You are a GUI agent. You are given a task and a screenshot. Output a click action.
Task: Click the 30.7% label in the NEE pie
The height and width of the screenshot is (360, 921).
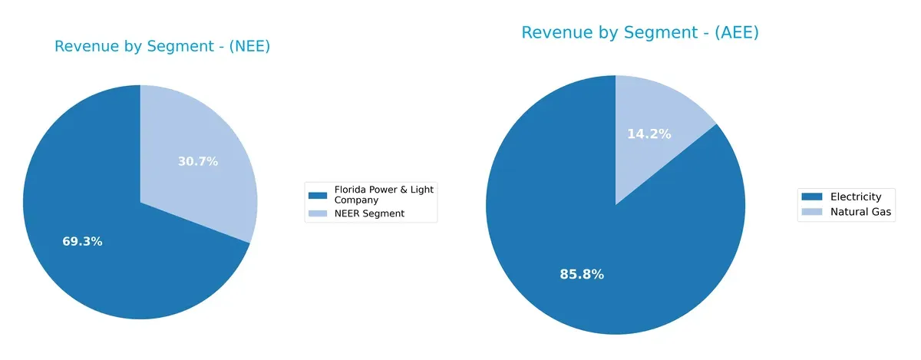click(x=198, y=161)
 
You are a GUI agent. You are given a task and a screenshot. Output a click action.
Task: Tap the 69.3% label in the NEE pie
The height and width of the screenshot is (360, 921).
click(x=82, y=242)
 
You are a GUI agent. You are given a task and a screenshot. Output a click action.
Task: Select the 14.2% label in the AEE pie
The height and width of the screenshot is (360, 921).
click(x=649, y=134)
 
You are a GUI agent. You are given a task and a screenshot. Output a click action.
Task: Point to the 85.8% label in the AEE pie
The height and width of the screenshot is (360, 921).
click(x=582, y=274)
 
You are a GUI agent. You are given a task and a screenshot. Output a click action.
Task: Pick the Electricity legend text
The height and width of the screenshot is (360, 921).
click(x=856, y=197)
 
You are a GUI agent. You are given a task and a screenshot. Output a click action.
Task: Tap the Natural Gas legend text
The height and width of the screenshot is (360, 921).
click(x=861, y=213)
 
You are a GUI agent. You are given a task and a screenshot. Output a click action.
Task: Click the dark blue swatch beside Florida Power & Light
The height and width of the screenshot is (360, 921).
click(x=315, y=190)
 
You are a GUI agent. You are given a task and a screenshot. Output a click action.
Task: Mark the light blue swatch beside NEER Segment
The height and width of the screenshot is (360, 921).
click(x=315, y=213)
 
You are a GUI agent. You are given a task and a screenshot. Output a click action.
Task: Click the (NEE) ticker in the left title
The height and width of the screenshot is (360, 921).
click(x=248, y=47)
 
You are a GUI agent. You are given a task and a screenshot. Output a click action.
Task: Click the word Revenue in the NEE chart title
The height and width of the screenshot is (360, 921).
click(x=84, y=47)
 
